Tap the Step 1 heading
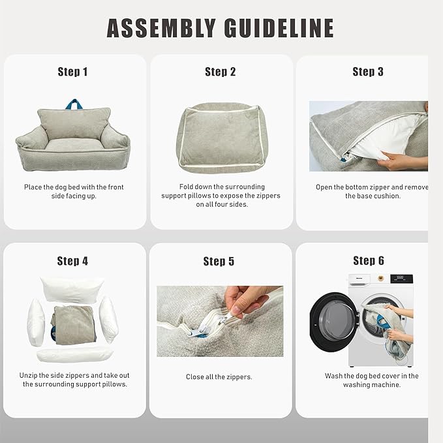[73, 72]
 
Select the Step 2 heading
[221, 72]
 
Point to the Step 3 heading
[368, 72]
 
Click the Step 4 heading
[72, 261]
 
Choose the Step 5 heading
[219, 261]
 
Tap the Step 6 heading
[368, 261]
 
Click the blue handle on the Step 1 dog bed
[73, 104]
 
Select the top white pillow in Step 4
[72, 288]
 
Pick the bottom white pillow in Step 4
[73, 354]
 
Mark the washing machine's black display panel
[401, 279]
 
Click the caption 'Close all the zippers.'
[219, 377]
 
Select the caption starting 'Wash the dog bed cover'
[371, 380]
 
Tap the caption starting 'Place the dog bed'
[74, 192]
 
